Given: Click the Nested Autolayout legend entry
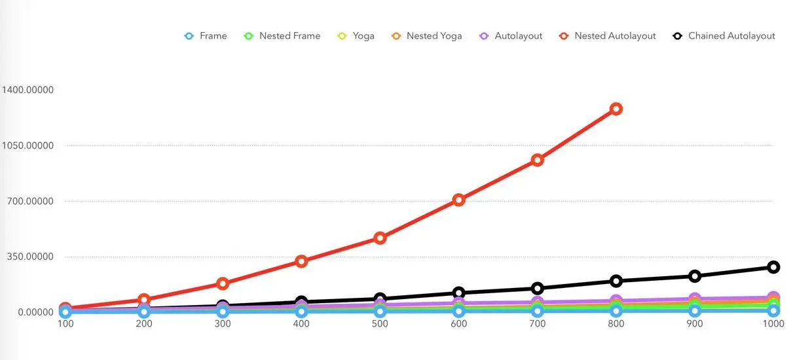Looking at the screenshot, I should tap(614, 36).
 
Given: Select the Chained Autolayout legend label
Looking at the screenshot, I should tap(731, 36).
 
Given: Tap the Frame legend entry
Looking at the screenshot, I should tap(213, 36).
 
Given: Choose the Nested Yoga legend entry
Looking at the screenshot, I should tap(434, 36).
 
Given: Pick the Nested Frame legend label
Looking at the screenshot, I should tap(289, 36).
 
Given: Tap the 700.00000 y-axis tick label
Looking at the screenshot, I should tap(29, 201).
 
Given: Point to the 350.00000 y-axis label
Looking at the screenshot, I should tap(29, 257).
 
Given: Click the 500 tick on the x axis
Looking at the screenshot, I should tap(380, 323).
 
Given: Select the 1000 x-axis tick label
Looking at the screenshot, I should tap(773, 323).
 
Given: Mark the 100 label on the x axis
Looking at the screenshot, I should tap(65, 323).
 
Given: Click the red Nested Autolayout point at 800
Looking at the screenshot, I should tap(616, 109).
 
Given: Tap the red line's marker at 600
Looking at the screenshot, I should tap(458, 200).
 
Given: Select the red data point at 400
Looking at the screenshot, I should tap(301, 261).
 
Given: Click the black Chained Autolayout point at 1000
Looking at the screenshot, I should tap(773, 267).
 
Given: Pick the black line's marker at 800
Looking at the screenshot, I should tap(616, 281).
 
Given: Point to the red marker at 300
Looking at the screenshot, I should tap(223, 283).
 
